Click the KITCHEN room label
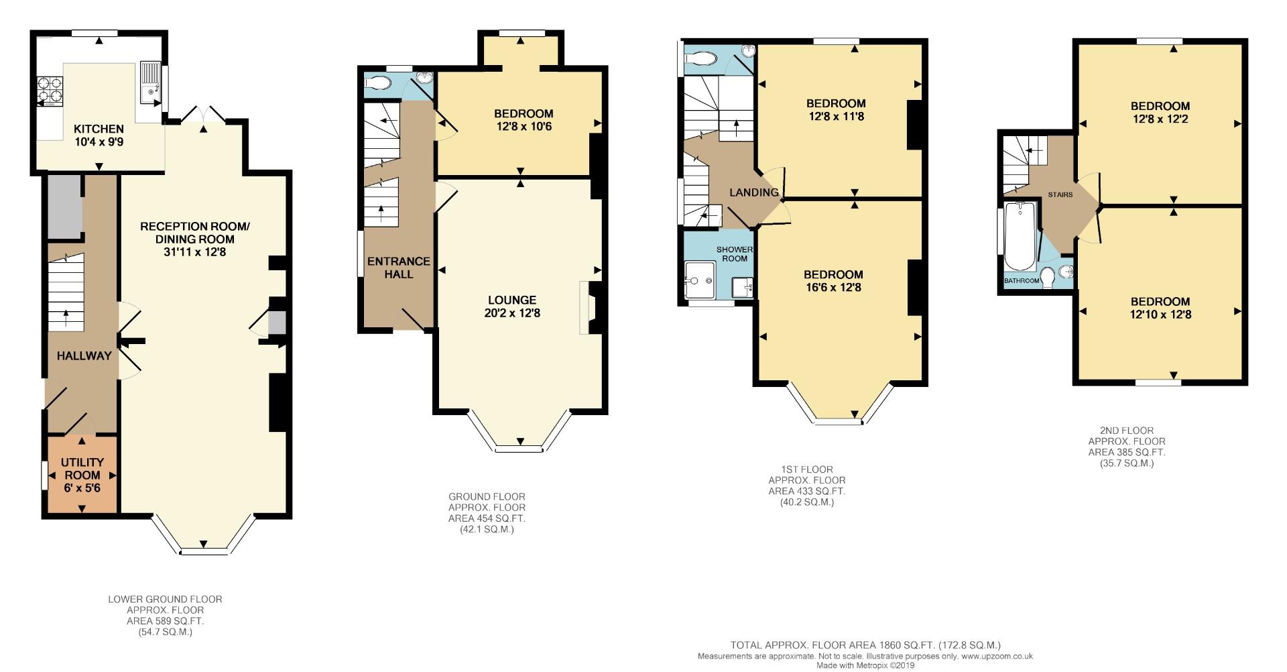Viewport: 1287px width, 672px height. coord(99,129)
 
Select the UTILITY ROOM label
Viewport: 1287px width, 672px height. coord(82,469)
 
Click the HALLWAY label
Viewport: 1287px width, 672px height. coord(84,356)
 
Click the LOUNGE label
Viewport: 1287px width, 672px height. coord(512,300)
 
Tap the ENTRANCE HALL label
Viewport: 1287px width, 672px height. coord(399,268)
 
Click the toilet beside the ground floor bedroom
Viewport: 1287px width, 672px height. coord(378,82)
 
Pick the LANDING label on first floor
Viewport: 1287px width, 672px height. coord(754,192)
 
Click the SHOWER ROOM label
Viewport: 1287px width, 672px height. coord(735,254)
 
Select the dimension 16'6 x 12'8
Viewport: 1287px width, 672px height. coord(833,288)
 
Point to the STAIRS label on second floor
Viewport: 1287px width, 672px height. coord(1060,194)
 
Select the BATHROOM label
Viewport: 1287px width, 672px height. coord(1022,280)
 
